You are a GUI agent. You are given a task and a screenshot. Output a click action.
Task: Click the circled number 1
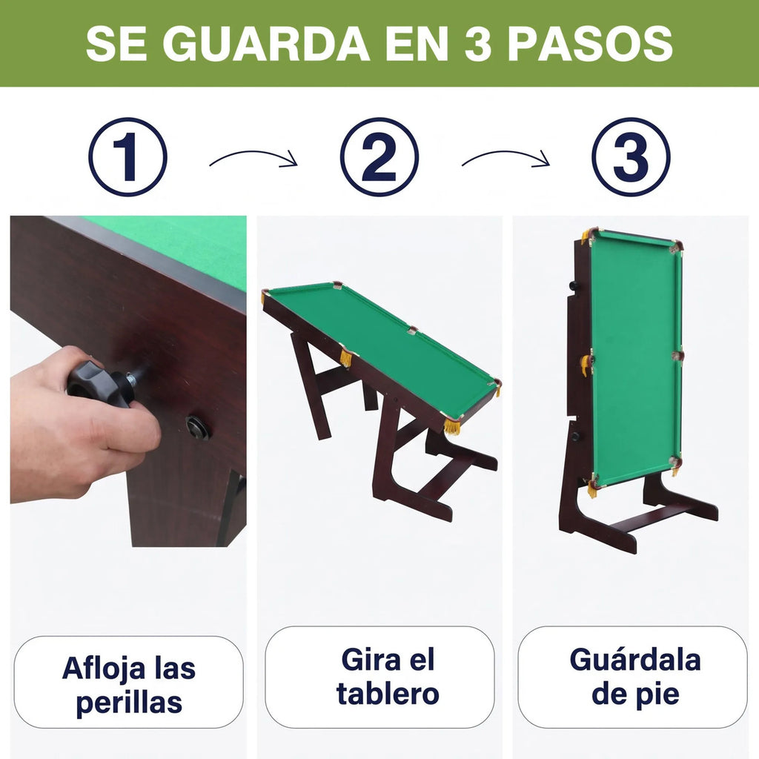[x=127, y=157]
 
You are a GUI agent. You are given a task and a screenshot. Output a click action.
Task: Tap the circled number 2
[x=379, y=157]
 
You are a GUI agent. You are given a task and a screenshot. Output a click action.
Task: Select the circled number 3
[x=632, y=157]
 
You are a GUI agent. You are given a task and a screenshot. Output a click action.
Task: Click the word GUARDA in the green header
[x=266, y=44]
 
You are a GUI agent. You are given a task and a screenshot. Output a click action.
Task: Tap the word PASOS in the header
[x=590, y=44]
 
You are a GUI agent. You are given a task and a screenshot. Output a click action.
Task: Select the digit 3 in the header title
[x=478, y=44]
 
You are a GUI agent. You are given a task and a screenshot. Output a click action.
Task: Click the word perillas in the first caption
[x=129, y=703]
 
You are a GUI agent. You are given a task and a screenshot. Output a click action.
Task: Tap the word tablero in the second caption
[x=388, y=694]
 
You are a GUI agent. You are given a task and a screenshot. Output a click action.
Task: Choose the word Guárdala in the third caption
[x=635, y=659]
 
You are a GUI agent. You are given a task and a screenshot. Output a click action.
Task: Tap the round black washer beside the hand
[x=198, y=428]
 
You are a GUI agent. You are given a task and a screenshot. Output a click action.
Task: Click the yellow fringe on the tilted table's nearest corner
[x=452, y=427]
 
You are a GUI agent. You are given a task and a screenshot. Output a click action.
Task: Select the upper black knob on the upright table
[x=574, y=285]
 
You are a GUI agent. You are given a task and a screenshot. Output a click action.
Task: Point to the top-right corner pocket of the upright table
[x=675, y=248]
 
